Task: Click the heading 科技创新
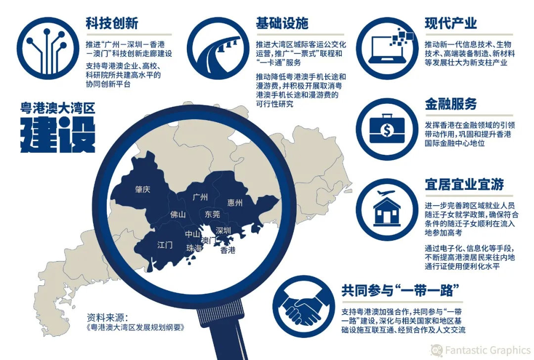point(111,23)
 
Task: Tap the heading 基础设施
point(282,23)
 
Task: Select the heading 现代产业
point(451,23)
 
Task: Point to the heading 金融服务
point(451,104)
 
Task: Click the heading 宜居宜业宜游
point(464,184)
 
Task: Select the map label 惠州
point(235,203)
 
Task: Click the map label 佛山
point(178,215)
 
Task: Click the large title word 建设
point(57,135)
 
